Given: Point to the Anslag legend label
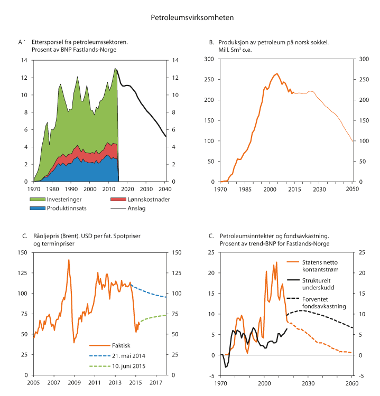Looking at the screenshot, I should tap(135, 208).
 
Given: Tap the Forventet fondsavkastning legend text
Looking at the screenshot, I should tap(316, 302).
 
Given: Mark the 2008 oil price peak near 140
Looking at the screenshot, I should tap(69, 260).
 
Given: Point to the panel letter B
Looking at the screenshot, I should tap(211, 42).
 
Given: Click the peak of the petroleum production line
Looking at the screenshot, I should tap(277, 74).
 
